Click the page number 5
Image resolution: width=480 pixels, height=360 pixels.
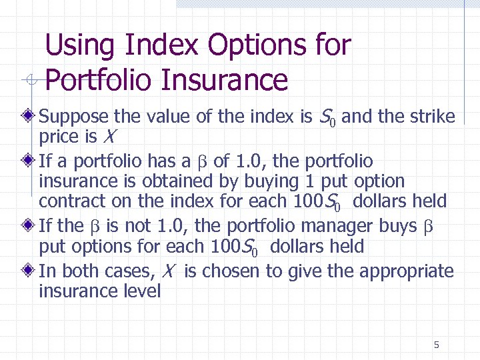(436, 345)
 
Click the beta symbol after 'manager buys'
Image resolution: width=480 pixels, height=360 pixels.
(429, 227)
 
